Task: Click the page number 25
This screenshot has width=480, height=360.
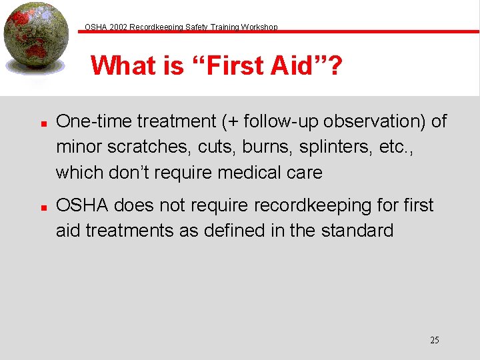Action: tap(434, 340)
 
